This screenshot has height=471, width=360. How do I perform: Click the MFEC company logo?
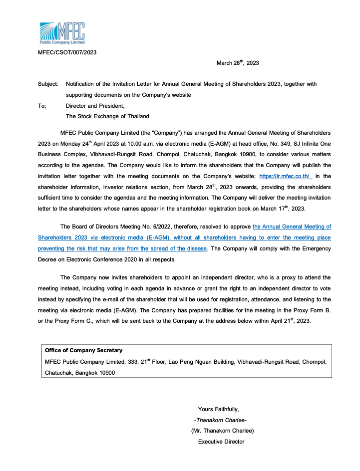[62, 33]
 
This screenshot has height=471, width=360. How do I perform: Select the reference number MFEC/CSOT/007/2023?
[67, 52]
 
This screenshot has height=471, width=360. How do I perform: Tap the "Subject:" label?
[48, 84]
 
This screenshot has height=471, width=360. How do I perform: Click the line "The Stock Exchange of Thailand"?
[107, 116]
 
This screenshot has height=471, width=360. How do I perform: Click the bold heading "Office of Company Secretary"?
[83, 350]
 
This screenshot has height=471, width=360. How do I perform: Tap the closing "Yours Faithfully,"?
[219, 409]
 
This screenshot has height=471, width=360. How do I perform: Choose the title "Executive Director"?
[221, 442]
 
